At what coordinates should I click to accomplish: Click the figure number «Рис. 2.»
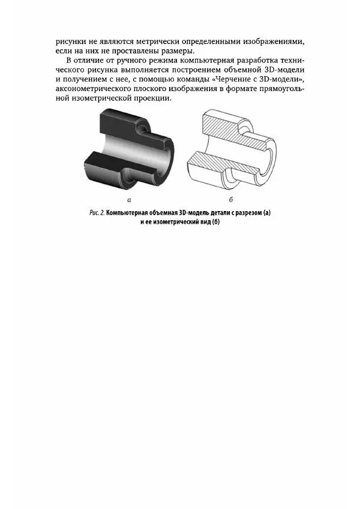click(95, 213)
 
